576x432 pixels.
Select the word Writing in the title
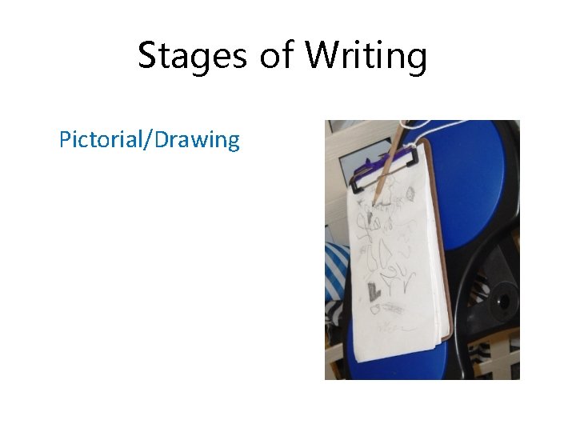[368, 57]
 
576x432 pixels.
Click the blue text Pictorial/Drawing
[150, 140]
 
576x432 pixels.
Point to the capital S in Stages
[147, 57]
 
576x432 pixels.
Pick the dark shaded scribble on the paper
[373, 290]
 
